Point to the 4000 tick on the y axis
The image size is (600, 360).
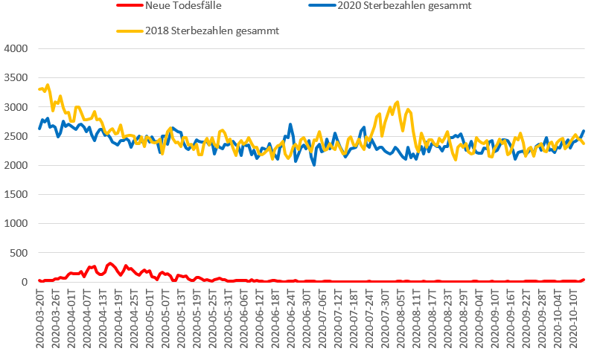coord(16,49)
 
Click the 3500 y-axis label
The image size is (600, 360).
coord(16,78)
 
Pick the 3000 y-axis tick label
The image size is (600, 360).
coord(16,107)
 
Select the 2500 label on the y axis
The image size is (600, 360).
coord(16,136)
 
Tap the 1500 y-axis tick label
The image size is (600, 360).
coord(16,194)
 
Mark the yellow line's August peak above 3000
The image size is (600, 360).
coord(398,102)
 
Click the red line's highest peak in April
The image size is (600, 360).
coord(110,263)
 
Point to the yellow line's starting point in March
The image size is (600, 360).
coord(39,89)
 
